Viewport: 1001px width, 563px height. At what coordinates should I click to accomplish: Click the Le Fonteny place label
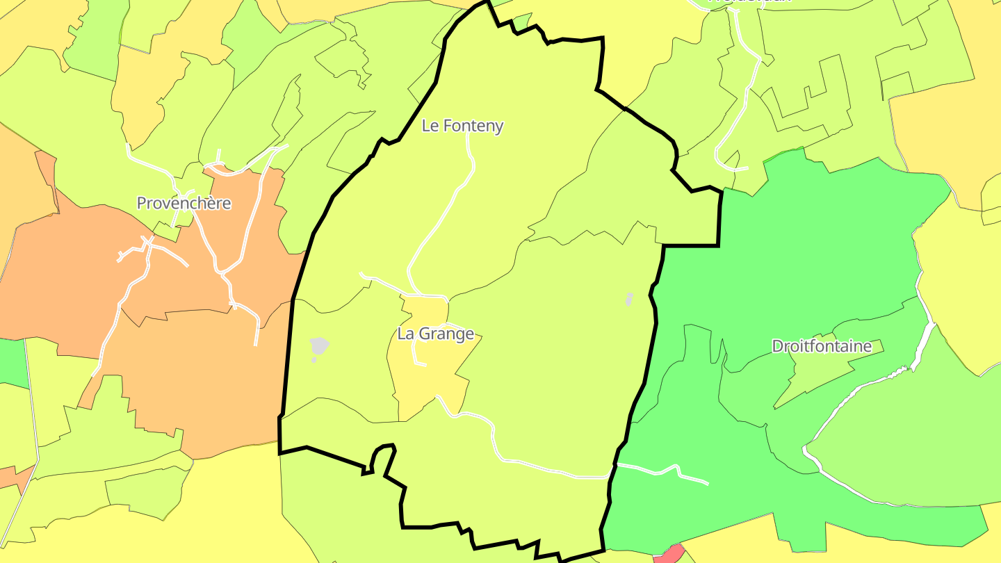point(462,126)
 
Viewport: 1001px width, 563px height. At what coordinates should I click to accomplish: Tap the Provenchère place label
point(184,203)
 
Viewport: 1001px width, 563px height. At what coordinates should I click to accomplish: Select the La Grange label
point(436,334)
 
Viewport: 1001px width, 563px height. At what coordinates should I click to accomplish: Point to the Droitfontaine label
point(822,346)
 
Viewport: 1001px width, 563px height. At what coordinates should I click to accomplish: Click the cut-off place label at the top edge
point(749,2)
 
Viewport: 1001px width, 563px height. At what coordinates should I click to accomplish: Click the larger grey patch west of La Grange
point(319,345)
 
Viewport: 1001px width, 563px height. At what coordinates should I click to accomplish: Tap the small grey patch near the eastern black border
point(629,298)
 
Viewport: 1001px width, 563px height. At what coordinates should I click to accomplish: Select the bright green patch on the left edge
point(13,361)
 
